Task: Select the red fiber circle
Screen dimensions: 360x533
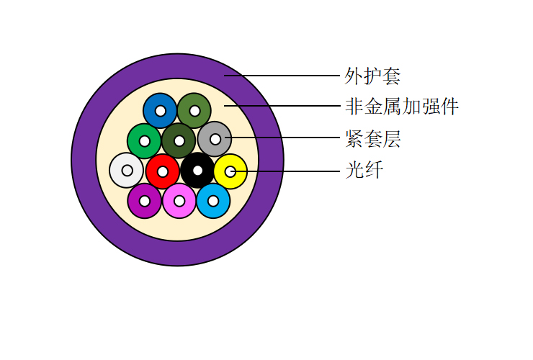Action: point(155,171)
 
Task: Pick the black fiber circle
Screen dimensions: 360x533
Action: point(189,171)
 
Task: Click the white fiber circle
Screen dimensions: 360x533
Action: point(119,171)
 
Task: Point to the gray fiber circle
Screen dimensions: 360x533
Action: point(207,139)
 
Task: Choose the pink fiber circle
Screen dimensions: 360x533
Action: point(171,201)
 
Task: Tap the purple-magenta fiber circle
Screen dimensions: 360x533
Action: point(137,201)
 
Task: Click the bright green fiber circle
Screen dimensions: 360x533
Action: point(136,141)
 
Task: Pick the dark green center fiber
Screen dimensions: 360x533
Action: point(171,140)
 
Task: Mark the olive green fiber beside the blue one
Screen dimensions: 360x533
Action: point(187,111)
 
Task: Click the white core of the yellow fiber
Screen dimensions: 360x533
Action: point(230,171)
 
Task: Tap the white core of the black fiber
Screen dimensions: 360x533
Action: point(197,171)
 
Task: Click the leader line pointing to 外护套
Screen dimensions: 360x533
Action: point(288,75)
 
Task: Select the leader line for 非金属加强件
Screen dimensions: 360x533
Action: point(288,106)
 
